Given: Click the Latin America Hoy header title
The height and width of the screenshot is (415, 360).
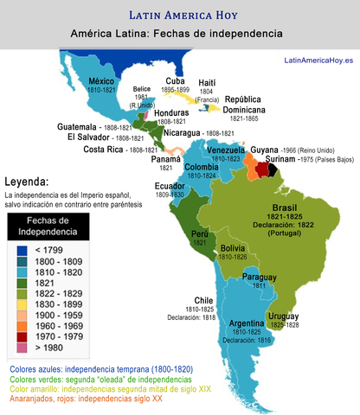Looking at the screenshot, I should pyautogui.click(x=179, y=15).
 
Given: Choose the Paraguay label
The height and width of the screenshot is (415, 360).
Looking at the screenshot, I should pyautogui.click(x=260, y=276).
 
